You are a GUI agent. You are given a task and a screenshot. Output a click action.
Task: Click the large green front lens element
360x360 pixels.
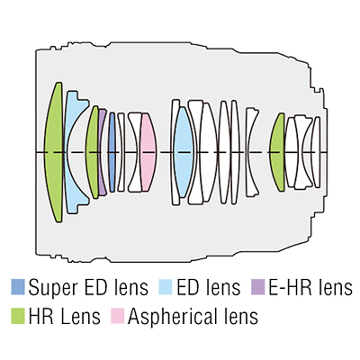(x=54, y=152)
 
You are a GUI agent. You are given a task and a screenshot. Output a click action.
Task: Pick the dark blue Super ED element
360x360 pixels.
(x=112, y=152)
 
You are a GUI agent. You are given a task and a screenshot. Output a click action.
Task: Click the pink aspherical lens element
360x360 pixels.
(x=148, y=152)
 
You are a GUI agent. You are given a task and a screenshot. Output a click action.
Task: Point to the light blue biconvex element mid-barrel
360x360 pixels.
(x=183, y=152)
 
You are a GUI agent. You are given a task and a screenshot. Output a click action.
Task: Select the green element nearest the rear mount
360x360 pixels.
(x=278, y=152)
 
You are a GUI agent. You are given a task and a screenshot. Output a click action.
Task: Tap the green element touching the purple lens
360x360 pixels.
(x=93, y=152)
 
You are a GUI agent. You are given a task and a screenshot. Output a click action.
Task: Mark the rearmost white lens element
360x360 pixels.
(x=317, y=152)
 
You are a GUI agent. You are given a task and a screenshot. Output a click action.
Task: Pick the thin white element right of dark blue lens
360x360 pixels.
(x=121, y=152)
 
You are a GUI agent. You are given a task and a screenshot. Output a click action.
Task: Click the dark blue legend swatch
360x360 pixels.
(x=18, y=287)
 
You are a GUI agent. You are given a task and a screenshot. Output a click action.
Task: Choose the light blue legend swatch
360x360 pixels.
(x=166, y=287)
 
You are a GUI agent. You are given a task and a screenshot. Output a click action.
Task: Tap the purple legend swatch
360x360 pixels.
(x=257, y=287)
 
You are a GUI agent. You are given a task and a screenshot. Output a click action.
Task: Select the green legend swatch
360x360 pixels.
(x=18, y=316)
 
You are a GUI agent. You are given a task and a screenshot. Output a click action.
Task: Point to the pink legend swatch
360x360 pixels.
(x=117, y=316)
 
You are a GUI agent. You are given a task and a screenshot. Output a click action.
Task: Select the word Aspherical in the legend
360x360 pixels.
(x=172, y=317)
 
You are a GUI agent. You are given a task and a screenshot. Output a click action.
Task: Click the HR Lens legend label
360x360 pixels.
(x=65, y=317)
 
